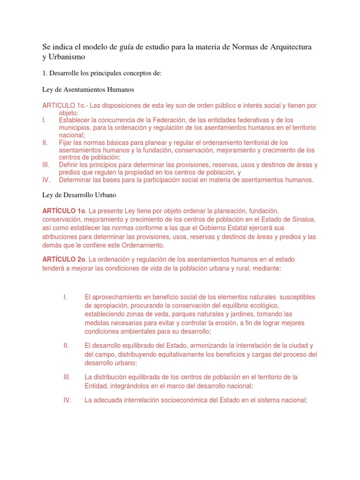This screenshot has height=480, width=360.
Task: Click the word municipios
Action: tap(75, 127)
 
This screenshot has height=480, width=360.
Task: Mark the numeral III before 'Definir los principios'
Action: tap(45, 165)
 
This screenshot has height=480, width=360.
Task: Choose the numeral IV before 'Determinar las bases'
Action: tap(46, 180)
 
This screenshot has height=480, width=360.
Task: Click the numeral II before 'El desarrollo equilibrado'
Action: tap(66, 345)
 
